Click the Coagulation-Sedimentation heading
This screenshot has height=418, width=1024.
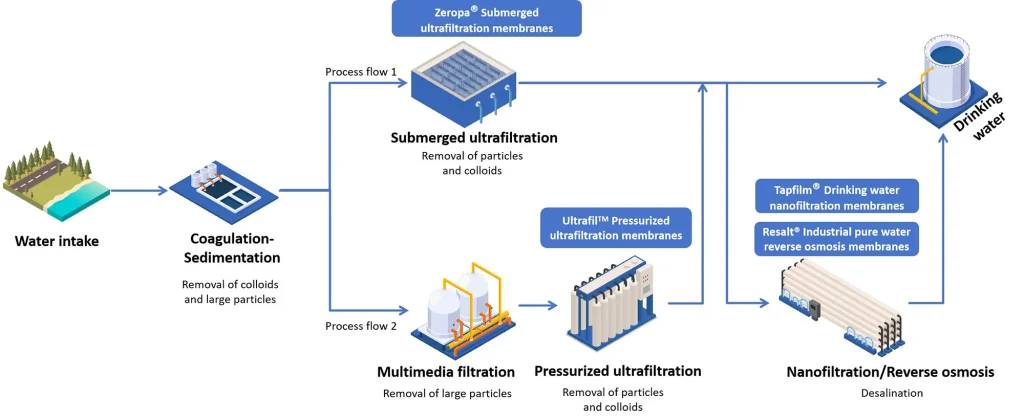pyautogui.click(x=232, y=248)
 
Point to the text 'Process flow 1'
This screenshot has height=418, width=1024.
pyautogui.click(x=361, y=72)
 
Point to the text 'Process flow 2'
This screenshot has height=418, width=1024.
pyautogui.click(x=361, y=326)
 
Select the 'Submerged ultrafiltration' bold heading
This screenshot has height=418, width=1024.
pyautogui.click(x=474, y=137)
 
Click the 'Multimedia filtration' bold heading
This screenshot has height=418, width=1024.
pyautogui.click(x=446, y=371)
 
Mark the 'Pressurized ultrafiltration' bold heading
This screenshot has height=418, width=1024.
pyautogui.click(x=618, y=371)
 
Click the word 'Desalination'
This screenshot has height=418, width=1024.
pyautogui.click(x=890, y=393)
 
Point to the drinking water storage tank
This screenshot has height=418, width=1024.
pyautogui.click(x=943, y=68)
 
